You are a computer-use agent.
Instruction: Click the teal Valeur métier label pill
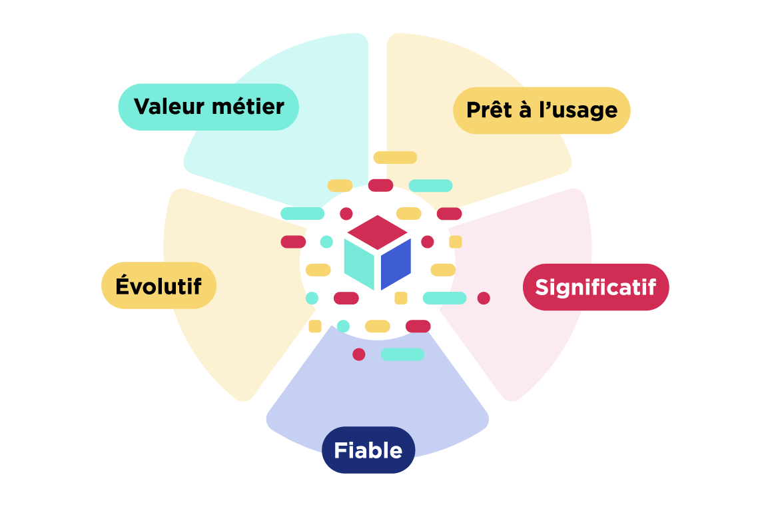pyautogui.click(x=208, y=107)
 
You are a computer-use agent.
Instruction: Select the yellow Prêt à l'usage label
pyautogui.click(x=542, y=111)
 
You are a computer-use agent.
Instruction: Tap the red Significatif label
pyautogui.click(x=595, y=287)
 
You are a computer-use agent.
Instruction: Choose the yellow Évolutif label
pyautogui.click(x=159, y=286)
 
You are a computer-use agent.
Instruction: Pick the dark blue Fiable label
pyautogui.click(x=368, y=450)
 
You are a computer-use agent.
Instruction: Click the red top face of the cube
pyautogui.click(x=378, y=231)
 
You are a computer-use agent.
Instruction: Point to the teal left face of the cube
pyautogui.click(x=358, y=262)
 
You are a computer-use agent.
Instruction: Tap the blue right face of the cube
pyautogui.click(x=396, y=262)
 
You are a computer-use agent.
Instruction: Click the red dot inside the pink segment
pyautogui.click(x=484, y=298)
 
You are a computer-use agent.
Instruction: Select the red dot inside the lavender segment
pyautogui.click(x=359, y=354)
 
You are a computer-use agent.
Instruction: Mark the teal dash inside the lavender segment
pyautogui.click(x=402, y=354)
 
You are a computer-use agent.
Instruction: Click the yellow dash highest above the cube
pyautogui.click(x=395, y=158)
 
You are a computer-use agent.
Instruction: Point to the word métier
pyautogui.click(x=250, y=107)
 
